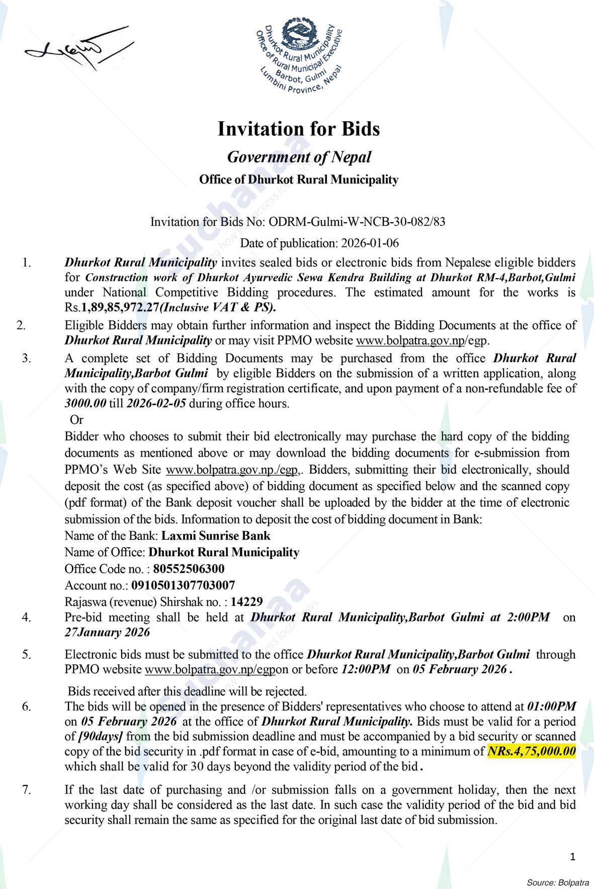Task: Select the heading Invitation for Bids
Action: tap(298, 129)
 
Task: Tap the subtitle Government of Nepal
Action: tap(299, 157)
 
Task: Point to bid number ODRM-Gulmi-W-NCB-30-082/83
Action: tap(357, 222)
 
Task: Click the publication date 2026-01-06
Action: tap(370, 243)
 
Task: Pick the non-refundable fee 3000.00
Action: tap(85, 403)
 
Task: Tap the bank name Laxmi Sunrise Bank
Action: tap(215, 536)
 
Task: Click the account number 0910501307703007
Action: tap(183, 585)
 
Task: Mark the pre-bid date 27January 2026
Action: tap(107, 632)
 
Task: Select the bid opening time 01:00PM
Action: tap(551, 705)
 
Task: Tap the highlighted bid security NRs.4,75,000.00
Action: tap(532, 752)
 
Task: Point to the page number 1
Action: tap(572, 856)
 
